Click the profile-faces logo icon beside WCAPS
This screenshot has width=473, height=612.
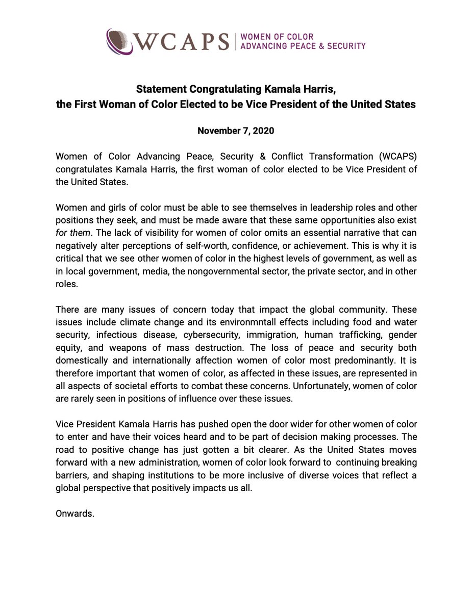119,41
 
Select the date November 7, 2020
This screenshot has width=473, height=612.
236,131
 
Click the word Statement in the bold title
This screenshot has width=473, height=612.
159,90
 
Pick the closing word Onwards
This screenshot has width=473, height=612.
74,514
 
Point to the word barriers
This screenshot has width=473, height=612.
71,475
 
